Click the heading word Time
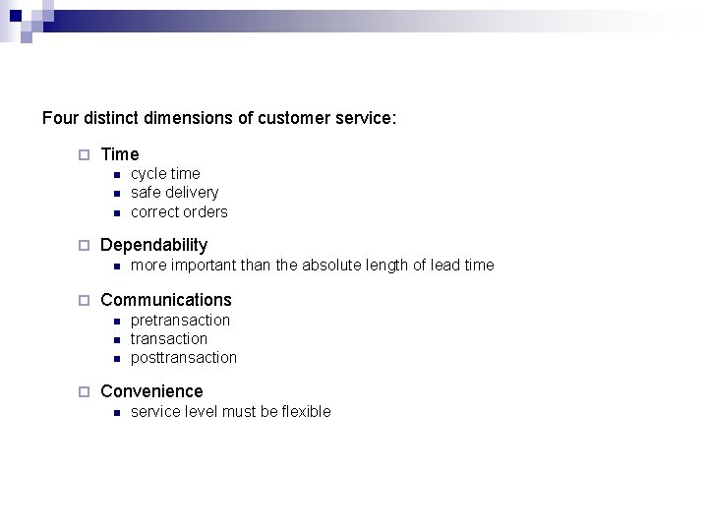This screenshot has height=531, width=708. [x=120, y=154]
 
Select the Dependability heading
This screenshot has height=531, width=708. [x=154, y=245]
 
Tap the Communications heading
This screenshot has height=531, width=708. [x=166, y=300]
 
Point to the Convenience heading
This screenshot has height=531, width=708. [x=151, y=391]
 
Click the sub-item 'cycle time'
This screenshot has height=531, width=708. [x=165, y=174]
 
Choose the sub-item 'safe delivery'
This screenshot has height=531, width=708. [x=174, y=193]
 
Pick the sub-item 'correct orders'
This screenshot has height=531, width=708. [x=179, y=212]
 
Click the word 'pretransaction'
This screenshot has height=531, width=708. [x=180, y=321]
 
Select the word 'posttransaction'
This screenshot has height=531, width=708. [x=184, y=358]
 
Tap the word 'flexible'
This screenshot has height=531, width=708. [x=307, y=412]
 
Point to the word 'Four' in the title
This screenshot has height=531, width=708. [x=59, y=119]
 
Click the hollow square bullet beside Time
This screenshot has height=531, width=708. [x=84, y=154]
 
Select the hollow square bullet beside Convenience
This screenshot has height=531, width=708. [x=84, y=391]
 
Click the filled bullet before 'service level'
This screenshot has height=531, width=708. [x=114, y=413]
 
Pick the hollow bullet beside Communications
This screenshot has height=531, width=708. [x=84, y=300]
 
